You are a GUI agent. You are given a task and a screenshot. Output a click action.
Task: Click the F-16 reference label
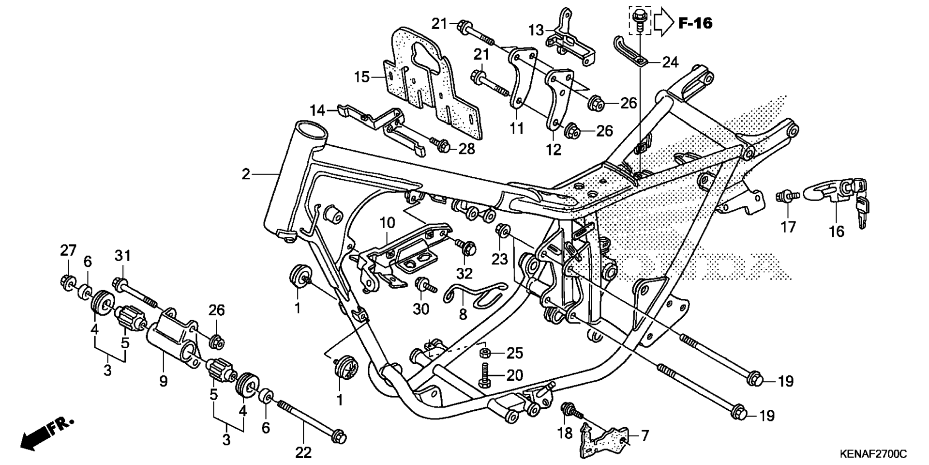[x=695, y=23]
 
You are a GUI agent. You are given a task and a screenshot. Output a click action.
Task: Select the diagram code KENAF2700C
[x=873, y=454]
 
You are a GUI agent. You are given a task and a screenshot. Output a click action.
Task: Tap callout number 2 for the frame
[x=246, y=174]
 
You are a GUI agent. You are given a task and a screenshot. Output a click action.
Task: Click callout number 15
[x=361, y=77]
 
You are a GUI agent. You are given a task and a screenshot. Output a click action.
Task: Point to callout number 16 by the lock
[x=836, y=232]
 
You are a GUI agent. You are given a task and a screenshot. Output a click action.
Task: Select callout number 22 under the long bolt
[x=303, y=452]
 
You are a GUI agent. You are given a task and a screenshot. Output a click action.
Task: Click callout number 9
[x=164, y=381]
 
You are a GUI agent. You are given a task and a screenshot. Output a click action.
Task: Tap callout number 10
[x=387, y=223]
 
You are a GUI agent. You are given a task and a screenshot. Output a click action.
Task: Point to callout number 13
[x=536, y=31]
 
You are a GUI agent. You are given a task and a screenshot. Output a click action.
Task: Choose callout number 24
[x=670, y=62]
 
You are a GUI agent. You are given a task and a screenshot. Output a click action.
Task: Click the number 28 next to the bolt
[x=466, y=149]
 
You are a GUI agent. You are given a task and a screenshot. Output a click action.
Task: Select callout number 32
[x=464, y=274]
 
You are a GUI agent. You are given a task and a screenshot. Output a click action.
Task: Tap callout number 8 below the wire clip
[x=463, y=314]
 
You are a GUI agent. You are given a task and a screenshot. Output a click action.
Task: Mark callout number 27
[x=68, y=250]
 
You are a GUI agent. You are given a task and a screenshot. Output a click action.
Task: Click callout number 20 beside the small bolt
[x=515, y=375]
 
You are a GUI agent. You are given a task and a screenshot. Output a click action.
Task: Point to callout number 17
[x=788, y=226]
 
